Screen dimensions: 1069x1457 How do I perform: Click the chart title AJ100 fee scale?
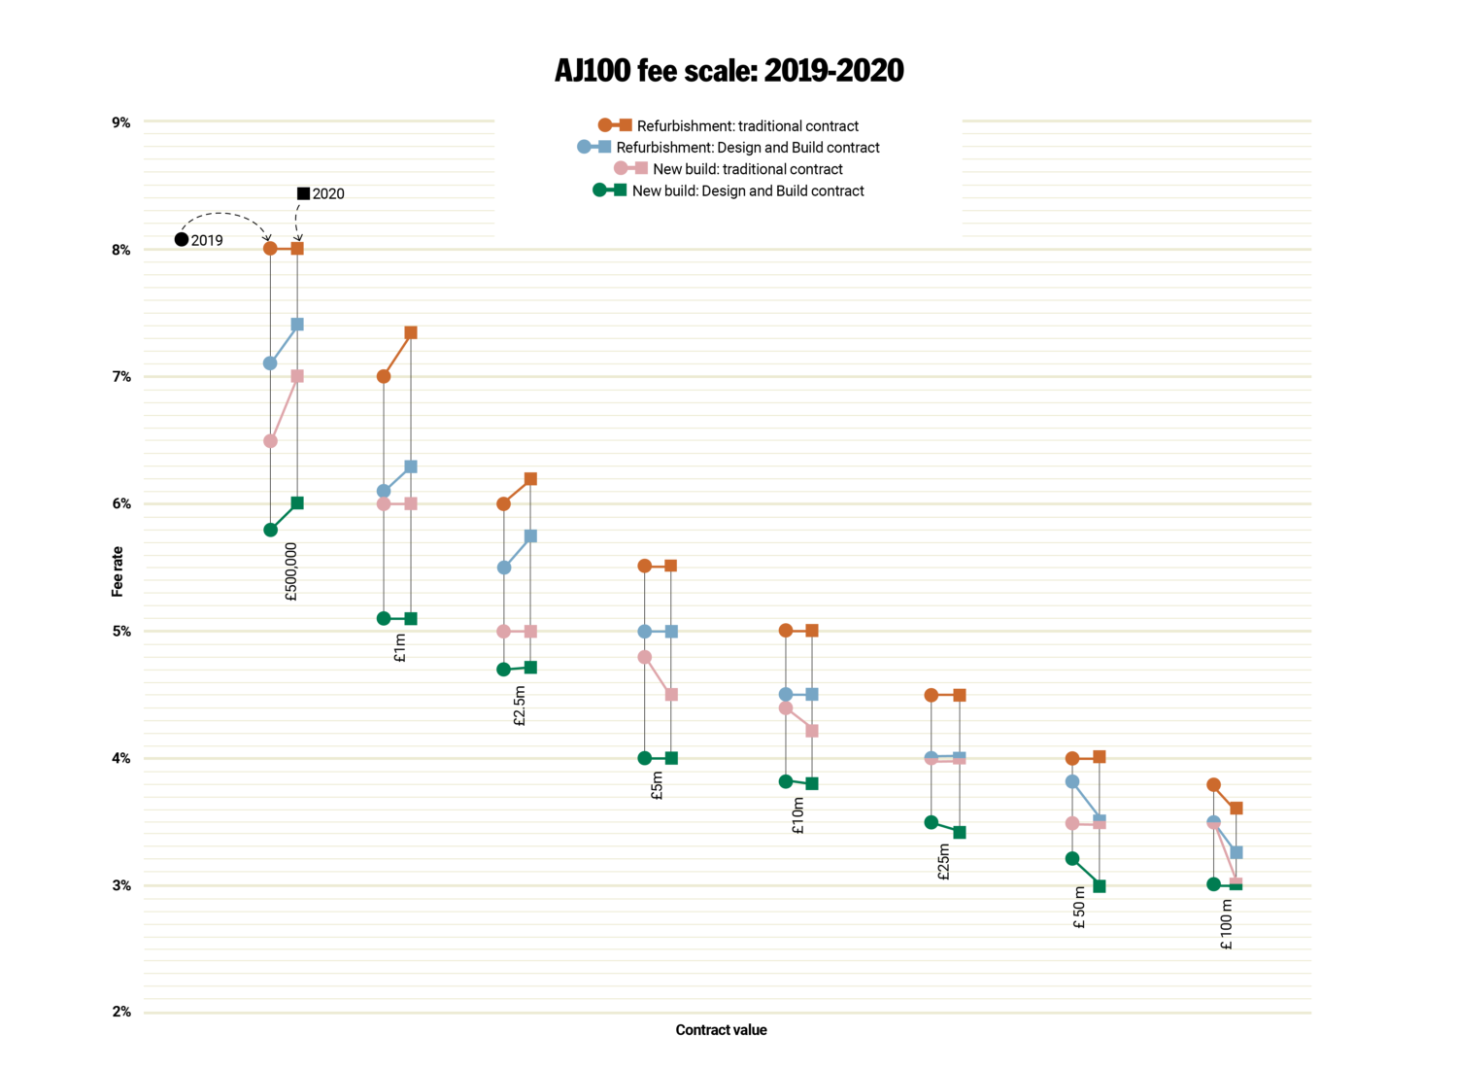[728, 71]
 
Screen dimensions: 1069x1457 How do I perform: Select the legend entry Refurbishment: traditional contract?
[747, 125]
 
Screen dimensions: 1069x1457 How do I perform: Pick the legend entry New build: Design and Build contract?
[747, 190]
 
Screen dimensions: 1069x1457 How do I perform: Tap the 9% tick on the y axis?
[120, 122]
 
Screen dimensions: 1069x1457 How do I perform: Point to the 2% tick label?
[120, 1012]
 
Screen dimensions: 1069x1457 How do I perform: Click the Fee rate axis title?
[118, 571]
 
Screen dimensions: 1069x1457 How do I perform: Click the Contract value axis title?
[721, 1030]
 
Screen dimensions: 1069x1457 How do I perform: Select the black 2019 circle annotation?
[182, 240]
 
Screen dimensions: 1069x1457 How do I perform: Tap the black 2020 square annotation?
[303, 193]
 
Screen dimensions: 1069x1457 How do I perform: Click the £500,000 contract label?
[291, 571]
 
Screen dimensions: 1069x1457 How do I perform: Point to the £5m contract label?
[658, 785]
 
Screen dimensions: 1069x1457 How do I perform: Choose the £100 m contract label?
[1227, 924]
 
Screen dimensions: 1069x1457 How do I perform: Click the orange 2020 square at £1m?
[411, 333]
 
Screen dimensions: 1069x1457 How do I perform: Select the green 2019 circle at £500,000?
[270, 530]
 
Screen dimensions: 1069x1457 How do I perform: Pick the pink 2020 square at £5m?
[671, 695]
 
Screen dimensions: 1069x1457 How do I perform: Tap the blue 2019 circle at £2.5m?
[503, 568]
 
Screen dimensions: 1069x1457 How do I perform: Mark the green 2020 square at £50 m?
[1100, 886]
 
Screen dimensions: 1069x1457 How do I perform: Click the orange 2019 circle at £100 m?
[1213, 784]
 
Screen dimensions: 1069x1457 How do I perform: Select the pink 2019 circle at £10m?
[786, 707]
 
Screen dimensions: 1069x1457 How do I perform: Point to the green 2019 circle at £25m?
[932, 822]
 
